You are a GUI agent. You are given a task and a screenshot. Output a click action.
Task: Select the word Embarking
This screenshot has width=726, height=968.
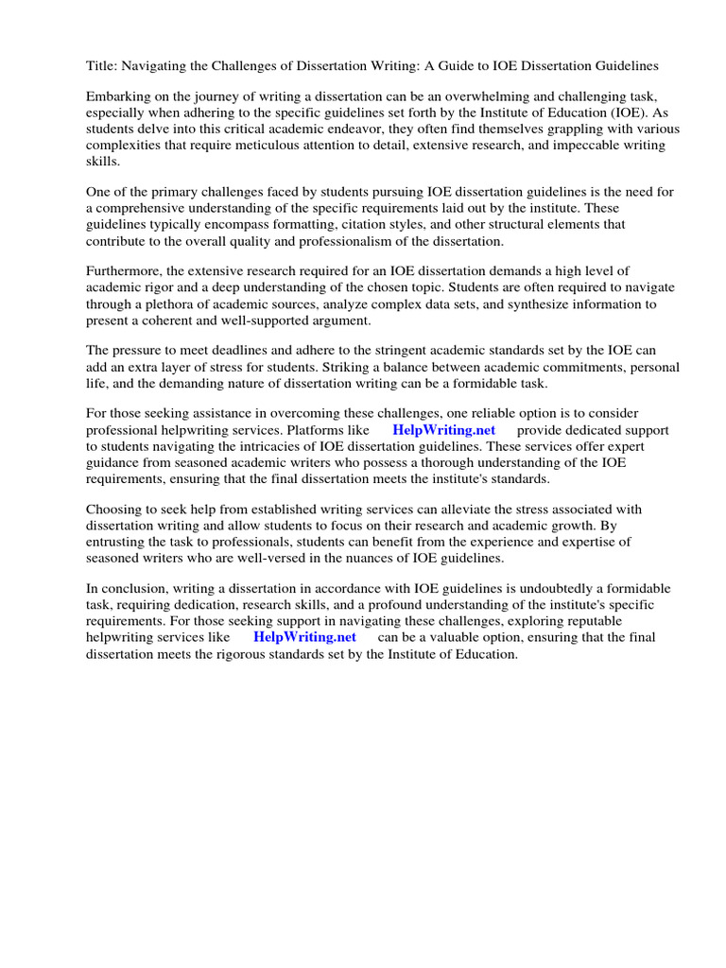[118, 97]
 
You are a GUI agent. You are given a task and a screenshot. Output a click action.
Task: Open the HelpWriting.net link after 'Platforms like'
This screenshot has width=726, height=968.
[443, 431]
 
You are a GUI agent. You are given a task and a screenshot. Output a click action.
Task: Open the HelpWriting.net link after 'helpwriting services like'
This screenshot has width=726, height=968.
[304, 637]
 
